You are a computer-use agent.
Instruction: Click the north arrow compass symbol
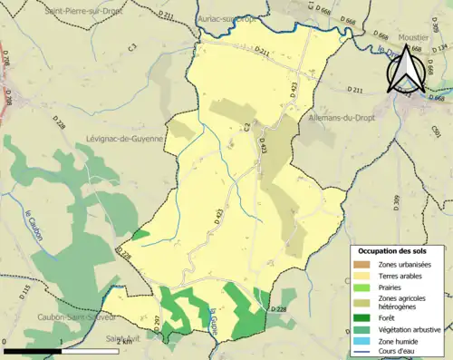click(405, 73)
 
